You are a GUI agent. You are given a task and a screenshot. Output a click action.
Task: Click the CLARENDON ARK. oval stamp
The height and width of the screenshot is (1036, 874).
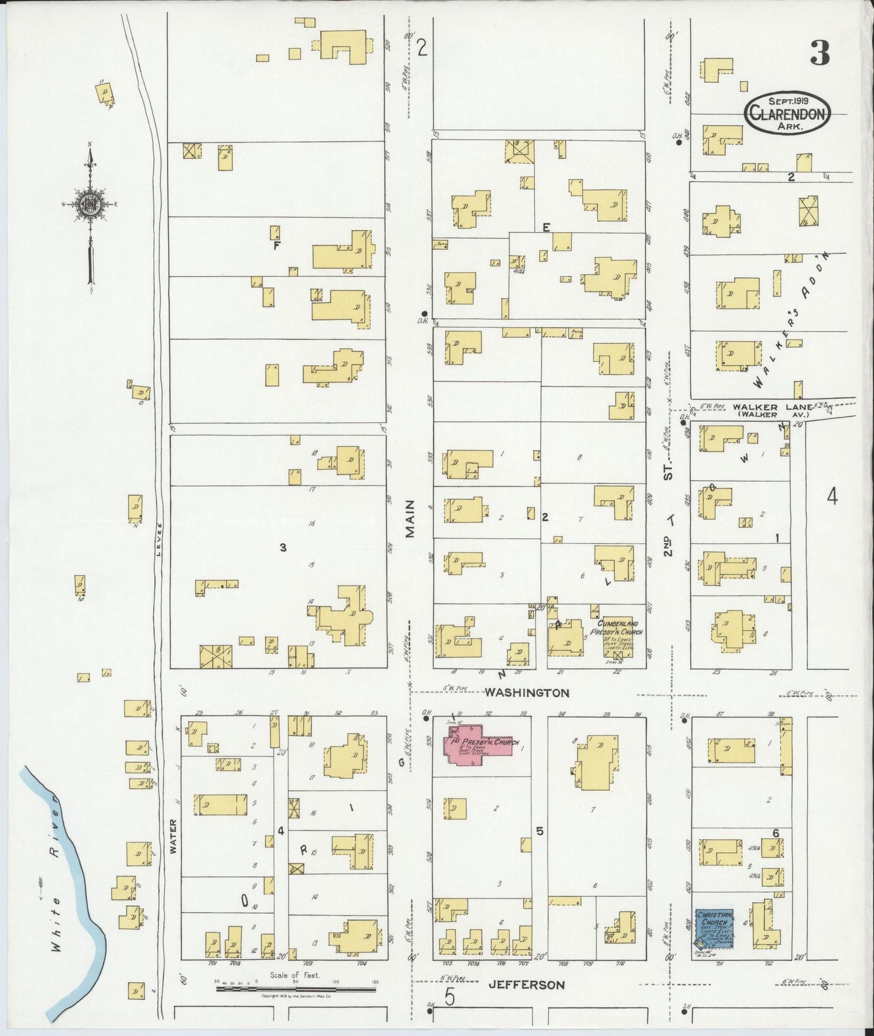coord(788,113)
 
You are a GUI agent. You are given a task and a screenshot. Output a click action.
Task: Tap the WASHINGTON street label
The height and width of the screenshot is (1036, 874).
coord(527,693)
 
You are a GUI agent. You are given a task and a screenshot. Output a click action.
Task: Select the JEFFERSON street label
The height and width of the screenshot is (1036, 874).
coord(526,985)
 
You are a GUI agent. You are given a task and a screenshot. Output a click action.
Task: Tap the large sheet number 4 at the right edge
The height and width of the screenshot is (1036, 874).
coord(832,497)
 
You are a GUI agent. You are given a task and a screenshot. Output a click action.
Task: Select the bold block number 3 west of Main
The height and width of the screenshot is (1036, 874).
coord(282,548)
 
